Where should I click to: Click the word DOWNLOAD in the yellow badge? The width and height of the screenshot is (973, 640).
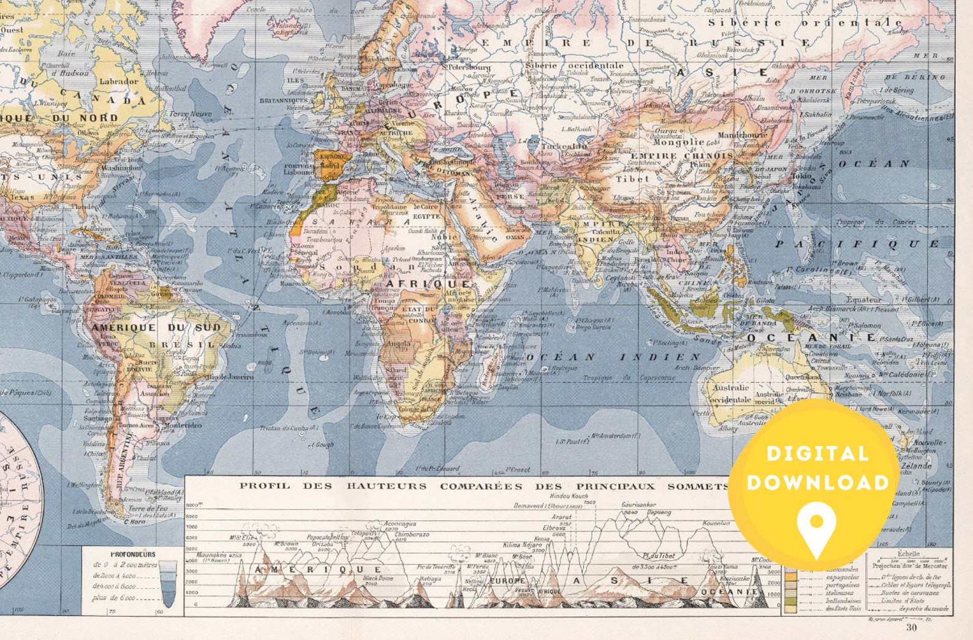[x=817, y=483]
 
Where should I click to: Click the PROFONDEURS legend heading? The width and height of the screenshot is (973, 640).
[x=133, y=554]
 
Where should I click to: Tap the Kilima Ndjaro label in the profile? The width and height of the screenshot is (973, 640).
[x=523, y=544]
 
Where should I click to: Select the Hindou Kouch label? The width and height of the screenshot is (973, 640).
[x=568, y=495]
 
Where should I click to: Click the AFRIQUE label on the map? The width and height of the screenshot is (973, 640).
[x=429, y=284]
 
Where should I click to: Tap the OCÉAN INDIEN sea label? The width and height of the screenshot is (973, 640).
[x=613, y=356]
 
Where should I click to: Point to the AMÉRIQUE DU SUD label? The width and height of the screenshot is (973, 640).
[x=156, y=328]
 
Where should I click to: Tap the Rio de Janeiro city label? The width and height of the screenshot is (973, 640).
[x=230, y=377]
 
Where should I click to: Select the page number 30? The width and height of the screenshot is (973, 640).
[x=911, y=627]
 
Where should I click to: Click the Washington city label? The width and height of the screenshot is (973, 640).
[x=121, y=167]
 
